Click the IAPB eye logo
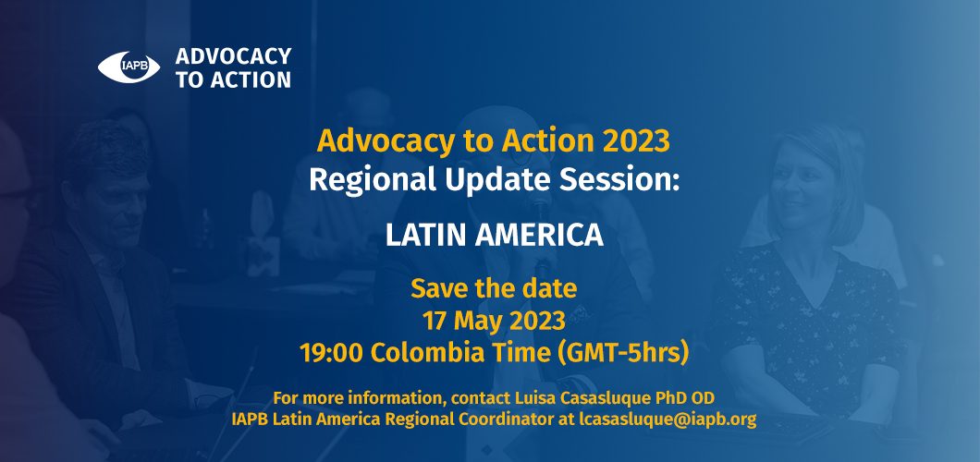[129, 67]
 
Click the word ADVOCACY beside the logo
[234, 56]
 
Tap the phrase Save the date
[494, 288]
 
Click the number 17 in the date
[435, 321]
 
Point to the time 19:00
[332, 353]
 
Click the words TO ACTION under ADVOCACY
[233, 79]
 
